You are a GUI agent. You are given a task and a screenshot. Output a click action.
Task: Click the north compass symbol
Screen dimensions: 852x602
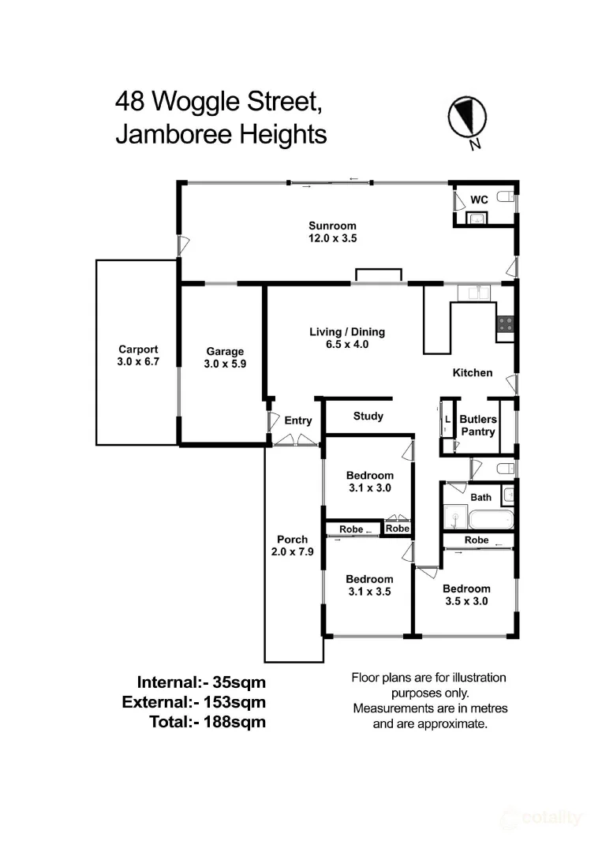tap(466, 118)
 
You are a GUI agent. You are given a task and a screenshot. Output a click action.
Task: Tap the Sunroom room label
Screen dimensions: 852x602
tap(332, 232)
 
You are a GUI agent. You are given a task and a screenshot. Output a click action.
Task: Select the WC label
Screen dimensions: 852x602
tap(479, 200)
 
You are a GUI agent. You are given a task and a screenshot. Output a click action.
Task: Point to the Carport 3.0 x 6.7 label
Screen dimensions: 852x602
tap(138, 356)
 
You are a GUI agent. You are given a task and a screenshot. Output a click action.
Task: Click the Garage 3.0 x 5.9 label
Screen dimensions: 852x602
tap(225, 357)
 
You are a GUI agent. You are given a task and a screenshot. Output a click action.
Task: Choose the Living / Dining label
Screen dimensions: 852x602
tap(346, 338)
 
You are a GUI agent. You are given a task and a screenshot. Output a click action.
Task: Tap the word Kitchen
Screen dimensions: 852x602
tap(472, 372)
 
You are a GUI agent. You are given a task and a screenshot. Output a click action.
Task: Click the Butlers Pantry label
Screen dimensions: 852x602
tap(477, 426)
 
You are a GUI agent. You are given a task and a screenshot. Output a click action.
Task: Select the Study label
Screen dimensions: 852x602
tap(368, 416)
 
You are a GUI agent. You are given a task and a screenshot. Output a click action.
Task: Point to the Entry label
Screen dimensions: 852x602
tap(298, 420)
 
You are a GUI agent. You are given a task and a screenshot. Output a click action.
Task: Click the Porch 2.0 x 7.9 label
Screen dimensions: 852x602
tap(292, 546)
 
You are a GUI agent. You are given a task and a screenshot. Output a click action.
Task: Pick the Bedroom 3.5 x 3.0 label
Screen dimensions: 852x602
tap(466, 594)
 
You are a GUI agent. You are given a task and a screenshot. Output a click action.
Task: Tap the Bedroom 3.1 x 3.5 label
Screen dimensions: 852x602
tap(369, 585)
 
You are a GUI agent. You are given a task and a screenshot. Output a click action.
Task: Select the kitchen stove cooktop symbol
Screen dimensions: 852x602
tap(505, 323)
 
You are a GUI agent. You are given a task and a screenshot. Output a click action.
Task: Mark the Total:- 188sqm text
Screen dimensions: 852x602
tap(208, 721)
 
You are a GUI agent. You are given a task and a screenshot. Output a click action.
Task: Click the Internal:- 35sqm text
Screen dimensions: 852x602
tap(201, 682)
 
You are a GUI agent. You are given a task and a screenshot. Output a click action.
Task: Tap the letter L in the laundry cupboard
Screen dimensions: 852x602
tap(447, 418)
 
